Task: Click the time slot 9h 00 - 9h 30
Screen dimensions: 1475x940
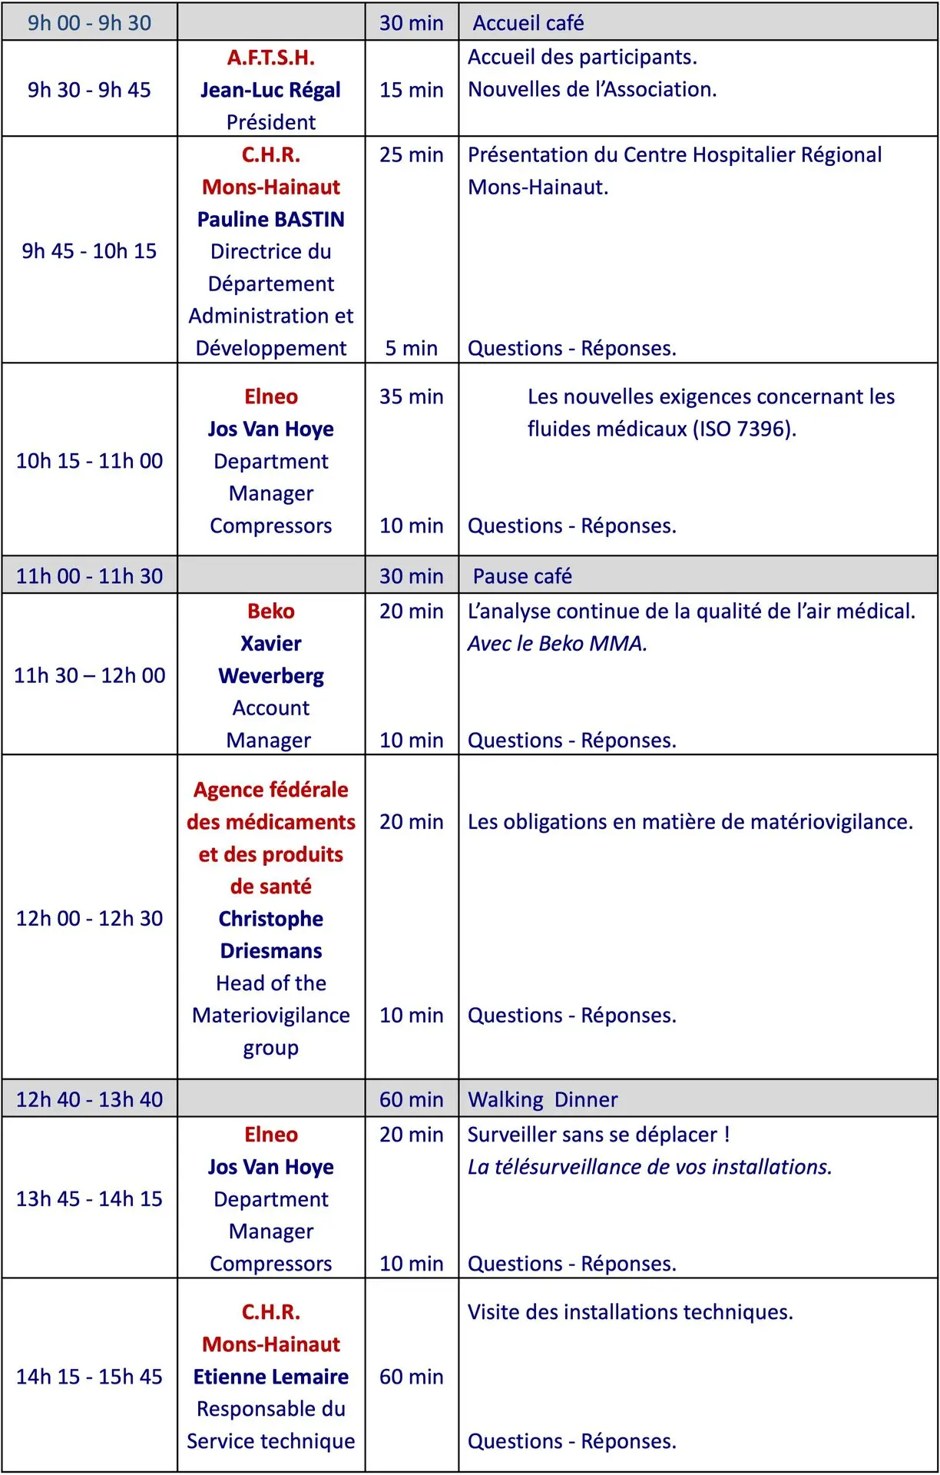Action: (x=89, y=23)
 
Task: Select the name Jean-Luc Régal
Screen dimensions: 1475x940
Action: (x=270, y=90)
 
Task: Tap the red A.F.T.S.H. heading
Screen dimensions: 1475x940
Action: (x=270, y=58)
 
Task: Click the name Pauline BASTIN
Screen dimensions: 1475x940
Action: (x=270, y=219)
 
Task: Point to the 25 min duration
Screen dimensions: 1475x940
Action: (x=411, y=154)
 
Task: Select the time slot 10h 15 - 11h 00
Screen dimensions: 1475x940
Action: (x=89, y=461)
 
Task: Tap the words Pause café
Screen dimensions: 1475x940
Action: (x=522, y=576)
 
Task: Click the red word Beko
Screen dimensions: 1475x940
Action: (x=270, y=611)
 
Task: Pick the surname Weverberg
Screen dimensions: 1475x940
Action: (x=270, y=675)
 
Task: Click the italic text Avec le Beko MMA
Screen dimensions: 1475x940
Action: (x=558, y=643)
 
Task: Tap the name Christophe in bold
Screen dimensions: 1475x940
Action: (x=270, y=919)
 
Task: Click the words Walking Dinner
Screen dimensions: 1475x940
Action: (x=542, y=1099)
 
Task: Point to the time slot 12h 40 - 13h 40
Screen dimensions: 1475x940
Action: (x=89, y=1099)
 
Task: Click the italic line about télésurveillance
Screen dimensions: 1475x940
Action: (x=650, y=1167)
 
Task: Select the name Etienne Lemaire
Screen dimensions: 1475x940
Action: (x=270, y=1377)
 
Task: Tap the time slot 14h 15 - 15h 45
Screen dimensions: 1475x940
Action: (x=89, y=1377)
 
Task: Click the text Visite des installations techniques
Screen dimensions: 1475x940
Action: (x=630, y=1312)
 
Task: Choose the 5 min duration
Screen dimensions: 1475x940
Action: (x=411, y=348)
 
